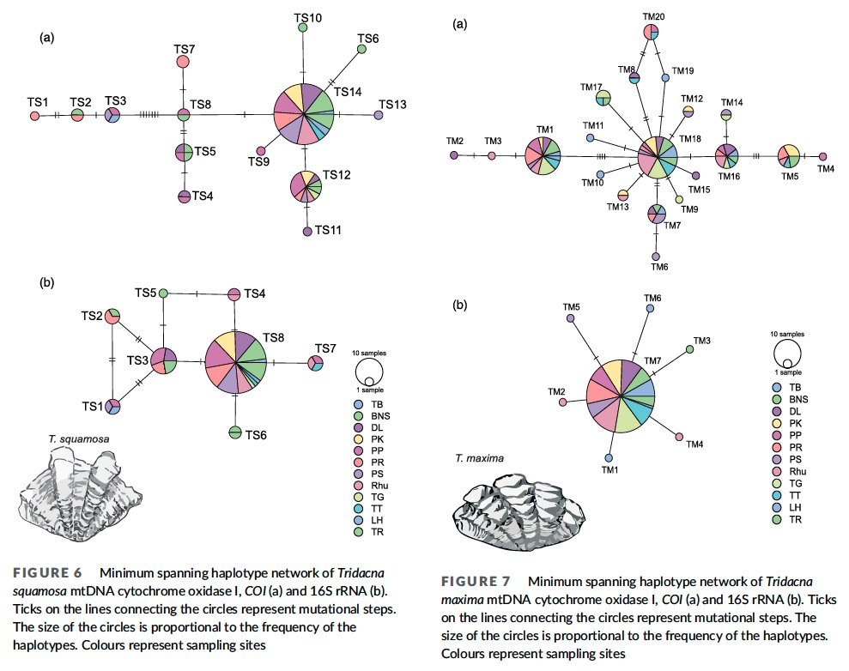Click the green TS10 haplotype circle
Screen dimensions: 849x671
click(303, 27)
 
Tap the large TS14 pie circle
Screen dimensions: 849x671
click(304, 114)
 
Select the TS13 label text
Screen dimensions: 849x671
click(392, 105)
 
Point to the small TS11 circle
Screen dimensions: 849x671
click(307, 231)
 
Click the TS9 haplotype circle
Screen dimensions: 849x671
click(261, 151)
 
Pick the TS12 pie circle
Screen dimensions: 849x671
click(306, 186)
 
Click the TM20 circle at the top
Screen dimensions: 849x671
click(651, 33)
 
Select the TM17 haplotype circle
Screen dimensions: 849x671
click(603, 98)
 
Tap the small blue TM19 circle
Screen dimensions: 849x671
click(665, 78)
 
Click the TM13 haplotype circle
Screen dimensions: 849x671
click(623, 195)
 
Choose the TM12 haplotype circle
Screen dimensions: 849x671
click(688, 112)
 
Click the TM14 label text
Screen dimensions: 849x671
click(731, 102)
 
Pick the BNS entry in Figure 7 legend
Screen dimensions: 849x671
click(791, 399)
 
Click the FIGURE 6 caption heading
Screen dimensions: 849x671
click(48, 573)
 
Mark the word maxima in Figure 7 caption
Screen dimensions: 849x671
click(462, 600)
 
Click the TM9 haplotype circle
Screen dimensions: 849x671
click(679, 200)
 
